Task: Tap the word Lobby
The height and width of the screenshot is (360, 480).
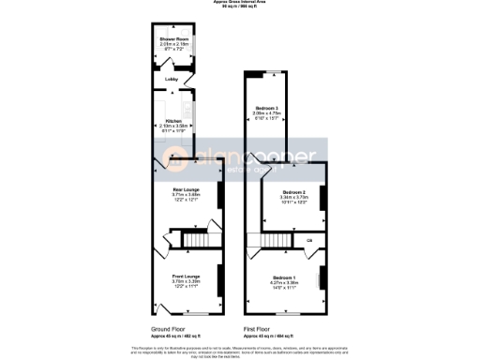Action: click(172, 80)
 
